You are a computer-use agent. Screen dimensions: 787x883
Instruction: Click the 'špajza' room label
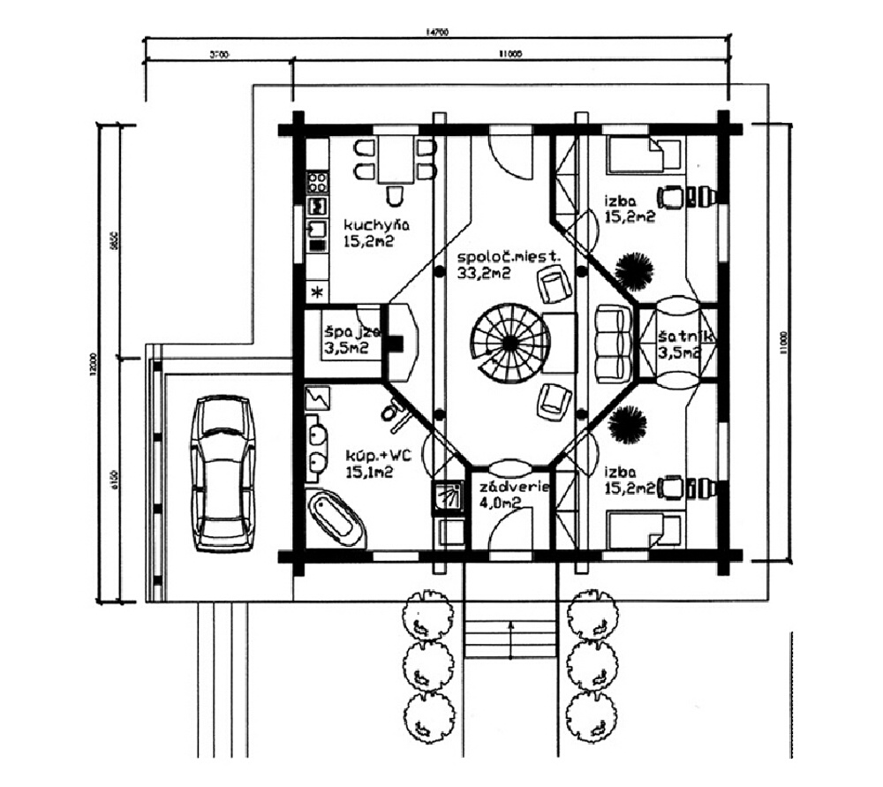(351, 333)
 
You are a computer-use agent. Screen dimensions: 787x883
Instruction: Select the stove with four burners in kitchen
(317, 183)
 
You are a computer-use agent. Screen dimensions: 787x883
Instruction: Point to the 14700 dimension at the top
(437, 33)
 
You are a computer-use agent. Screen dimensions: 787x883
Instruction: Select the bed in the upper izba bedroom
(636, 155)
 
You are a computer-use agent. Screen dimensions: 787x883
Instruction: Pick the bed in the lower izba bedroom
(636, 531)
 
